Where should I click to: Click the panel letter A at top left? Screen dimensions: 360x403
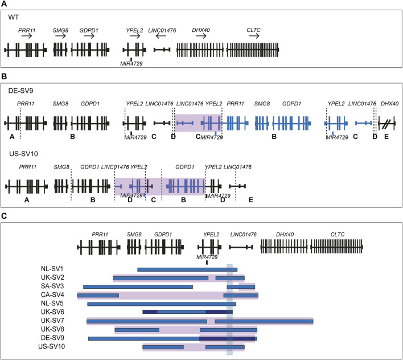5,4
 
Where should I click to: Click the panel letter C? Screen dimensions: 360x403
5,216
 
